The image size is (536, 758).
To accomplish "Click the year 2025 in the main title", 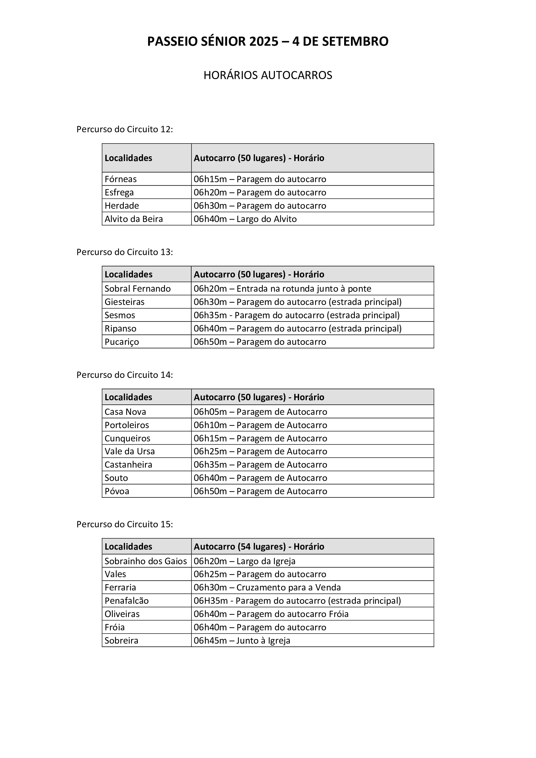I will [264, 41].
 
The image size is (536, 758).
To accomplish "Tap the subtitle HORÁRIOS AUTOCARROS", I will [268, 75].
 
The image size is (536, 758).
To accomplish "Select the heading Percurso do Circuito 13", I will [124, 252].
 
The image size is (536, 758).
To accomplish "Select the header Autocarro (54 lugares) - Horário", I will [259, 546].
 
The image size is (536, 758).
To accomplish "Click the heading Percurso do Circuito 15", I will [124, 524].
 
